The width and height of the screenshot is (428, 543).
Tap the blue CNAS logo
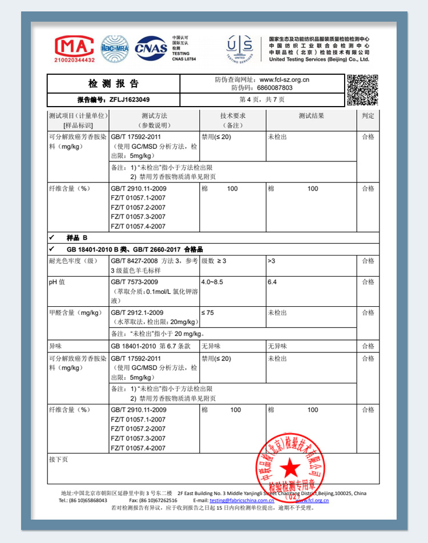click(x=151, y=48)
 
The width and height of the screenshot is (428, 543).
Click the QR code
click(x=362, y=90)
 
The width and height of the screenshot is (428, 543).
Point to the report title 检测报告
click(x=114, y=84)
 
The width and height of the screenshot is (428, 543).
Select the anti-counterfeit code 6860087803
click(x=275, y=88)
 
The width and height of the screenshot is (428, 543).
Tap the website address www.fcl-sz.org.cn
click(x=284, y=80)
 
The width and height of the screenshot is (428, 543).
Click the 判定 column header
click(x=368, y=116)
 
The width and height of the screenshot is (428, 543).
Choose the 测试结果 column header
click(x=311, y=116)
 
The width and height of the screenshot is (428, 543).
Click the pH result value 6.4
click(x=272, y=282)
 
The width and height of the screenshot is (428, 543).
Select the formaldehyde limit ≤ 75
click(x=207, y=313)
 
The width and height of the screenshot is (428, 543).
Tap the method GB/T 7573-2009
click(x=134, y=282)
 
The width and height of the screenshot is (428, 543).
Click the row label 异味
click(x=55, y=346)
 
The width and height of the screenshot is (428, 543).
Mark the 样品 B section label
click(x=78, y=237)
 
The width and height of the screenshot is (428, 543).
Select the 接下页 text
click(x=58, y=459)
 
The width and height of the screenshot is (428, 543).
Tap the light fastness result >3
click(x=271, y=261)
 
